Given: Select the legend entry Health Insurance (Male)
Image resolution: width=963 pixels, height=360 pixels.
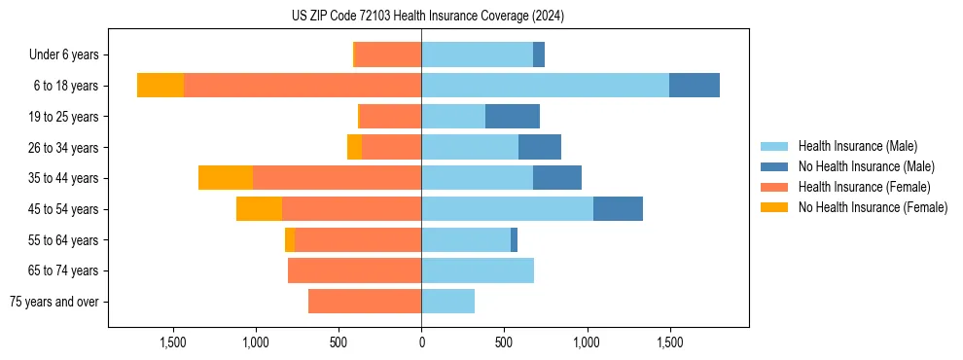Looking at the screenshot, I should coord(857,146).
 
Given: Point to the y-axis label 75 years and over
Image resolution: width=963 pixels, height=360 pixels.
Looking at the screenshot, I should coord(53,302).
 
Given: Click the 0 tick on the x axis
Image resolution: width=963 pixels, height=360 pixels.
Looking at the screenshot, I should coord(421,342).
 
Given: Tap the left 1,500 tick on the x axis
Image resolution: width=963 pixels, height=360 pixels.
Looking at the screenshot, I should coord(173,342).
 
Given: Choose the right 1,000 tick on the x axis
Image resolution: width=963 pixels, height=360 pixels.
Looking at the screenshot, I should coord(587,342).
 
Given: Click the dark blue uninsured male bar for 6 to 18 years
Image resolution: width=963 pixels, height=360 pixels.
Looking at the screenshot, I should coord(695,86).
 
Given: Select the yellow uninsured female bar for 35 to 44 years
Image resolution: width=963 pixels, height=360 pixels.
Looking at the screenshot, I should coord(226,178).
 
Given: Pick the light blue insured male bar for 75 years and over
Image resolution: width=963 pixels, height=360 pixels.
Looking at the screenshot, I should coord(447,302).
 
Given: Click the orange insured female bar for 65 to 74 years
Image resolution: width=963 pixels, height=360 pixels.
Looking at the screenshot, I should coord(354,270).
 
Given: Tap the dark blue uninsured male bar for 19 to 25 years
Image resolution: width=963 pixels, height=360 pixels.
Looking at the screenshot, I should coord(513,117).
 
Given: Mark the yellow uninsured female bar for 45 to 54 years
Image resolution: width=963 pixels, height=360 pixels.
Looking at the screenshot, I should coord(259,209).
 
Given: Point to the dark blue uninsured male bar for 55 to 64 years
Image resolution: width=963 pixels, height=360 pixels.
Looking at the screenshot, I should coord(514,240).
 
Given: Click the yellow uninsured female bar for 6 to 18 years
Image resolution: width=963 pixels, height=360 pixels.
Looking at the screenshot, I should coord(160,86).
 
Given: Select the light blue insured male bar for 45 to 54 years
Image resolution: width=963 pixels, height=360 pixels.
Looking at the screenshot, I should coord(507,209).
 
